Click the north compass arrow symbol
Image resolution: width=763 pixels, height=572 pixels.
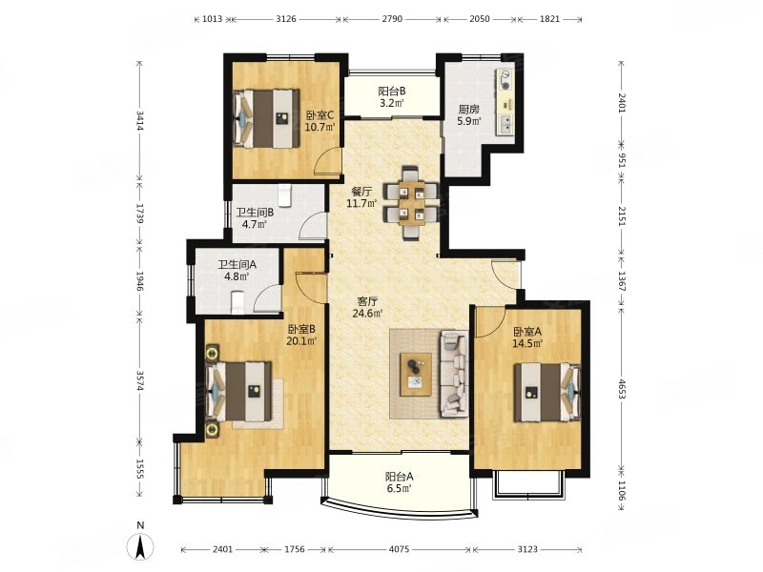140,546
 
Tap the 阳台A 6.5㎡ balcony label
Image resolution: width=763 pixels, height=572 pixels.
399,482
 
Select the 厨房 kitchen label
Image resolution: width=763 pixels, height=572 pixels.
469,115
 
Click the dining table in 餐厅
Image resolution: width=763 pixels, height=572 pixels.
412,203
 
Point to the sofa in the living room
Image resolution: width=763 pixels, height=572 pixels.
455,374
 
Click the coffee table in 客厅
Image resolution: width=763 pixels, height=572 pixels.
416,374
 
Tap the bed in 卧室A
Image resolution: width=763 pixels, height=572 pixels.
547,392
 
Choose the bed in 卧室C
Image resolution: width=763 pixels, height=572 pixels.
266,117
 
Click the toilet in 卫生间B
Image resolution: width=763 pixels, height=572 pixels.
284,195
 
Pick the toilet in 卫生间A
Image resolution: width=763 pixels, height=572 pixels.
237,302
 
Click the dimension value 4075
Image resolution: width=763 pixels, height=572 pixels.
399,549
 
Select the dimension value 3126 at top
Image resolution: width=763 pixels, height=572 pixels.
285,19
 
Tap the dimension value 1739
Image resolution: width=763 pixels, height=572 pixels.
139,214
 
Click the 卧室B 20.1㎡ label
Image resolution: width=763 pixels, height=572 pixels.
301,335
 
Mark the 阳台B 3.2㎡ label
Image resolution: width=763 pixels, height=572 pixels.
392,97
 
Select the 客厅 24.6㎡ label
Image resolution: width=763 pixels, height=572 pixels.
368,307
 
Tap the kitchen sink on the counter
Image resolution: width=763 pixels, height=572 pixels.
506,125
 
